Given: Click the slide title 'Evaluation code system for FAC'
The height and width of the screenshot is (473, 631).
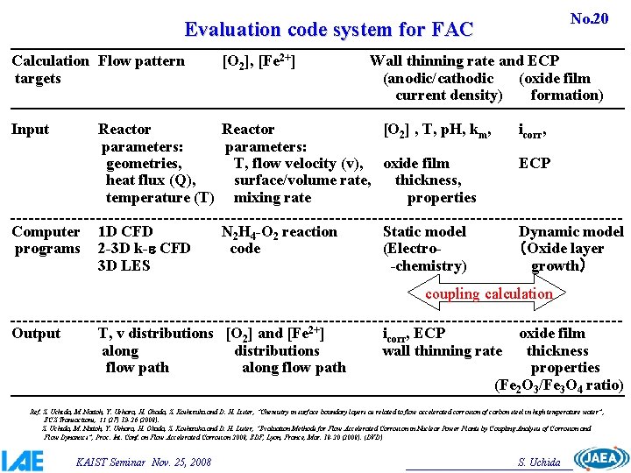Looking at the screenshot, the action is pos(329,30).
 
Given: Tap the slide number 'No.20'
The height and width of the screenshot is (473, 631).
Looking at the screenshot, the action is pos(589,18).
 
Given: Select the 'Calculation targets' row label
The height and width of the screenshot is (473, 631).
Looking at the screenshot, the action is pos(50,69).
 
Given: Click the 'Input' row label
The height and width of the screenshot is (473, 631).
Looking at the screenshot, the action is pos(30,130).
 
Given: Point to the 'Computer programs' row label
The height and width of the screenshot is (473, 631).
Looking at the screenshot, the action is pos(46,240).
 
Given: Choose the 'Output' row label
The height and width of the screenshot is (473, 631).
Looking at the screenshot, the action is pos(36,334).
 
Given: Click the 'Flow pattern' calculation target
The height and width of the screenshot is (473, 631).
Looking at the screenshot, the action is pos(141,61).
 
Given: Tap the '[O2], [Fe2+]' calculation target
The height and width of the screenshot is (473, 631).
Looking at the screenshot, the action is pos(259,61).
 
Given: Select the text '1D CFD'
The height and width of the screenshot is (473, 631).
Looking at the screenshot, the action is pos(125,232).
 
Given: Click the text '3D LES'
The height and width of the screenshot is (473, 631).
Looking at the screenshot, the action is pos(124,265).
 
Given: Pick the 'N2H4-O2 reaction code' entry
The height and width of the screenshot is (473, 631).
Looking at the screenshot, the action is pos(279,240).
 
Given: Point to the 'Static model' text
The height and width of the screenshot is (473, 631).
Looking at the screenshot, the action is pos(424,232).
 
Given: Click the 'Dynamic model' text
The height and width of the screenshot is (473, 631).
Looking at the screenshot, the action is pos(571,232).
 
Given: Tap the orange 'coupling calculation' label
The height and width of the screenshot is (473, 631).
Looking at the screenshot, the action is pos(488,294).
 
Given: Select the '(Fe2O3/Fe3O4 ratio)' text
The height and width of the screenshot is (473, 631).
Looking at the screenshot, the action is pos(559,385).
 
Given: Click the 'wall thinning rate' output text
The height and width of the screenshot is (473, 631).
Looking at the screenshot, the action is pos(442,351).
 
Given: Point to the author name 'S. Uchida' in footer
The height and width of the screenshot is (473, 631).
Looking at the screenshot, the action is pos(540,461).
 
